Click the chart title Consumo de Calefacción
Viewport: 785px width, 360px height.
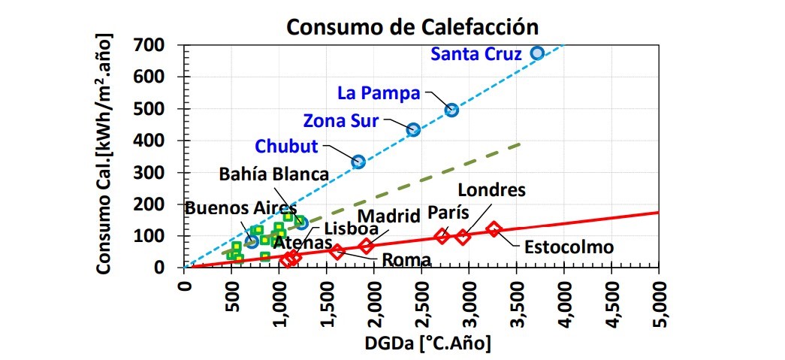coord(413,26)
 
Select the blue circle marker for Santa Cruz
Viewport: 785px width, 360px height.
coord(537,53)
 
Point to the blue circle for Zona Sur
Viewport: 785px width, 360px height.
coord(413,130)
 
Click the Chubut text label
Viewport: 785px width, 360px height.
coord(286,146)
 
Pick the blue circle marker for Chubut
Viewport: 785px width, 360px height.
coord(358,162)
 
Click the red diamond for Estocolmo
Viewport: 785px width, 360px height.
coord(494,228)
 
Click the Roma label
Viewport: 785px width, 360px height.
coord(406,260)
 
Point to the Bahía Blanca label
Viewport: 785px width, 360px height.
coord(274,174)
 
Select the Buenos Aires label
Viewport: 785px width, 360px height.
coord(241,208)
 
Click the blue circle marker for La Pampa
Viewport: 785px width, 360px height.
coord(451,110)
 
